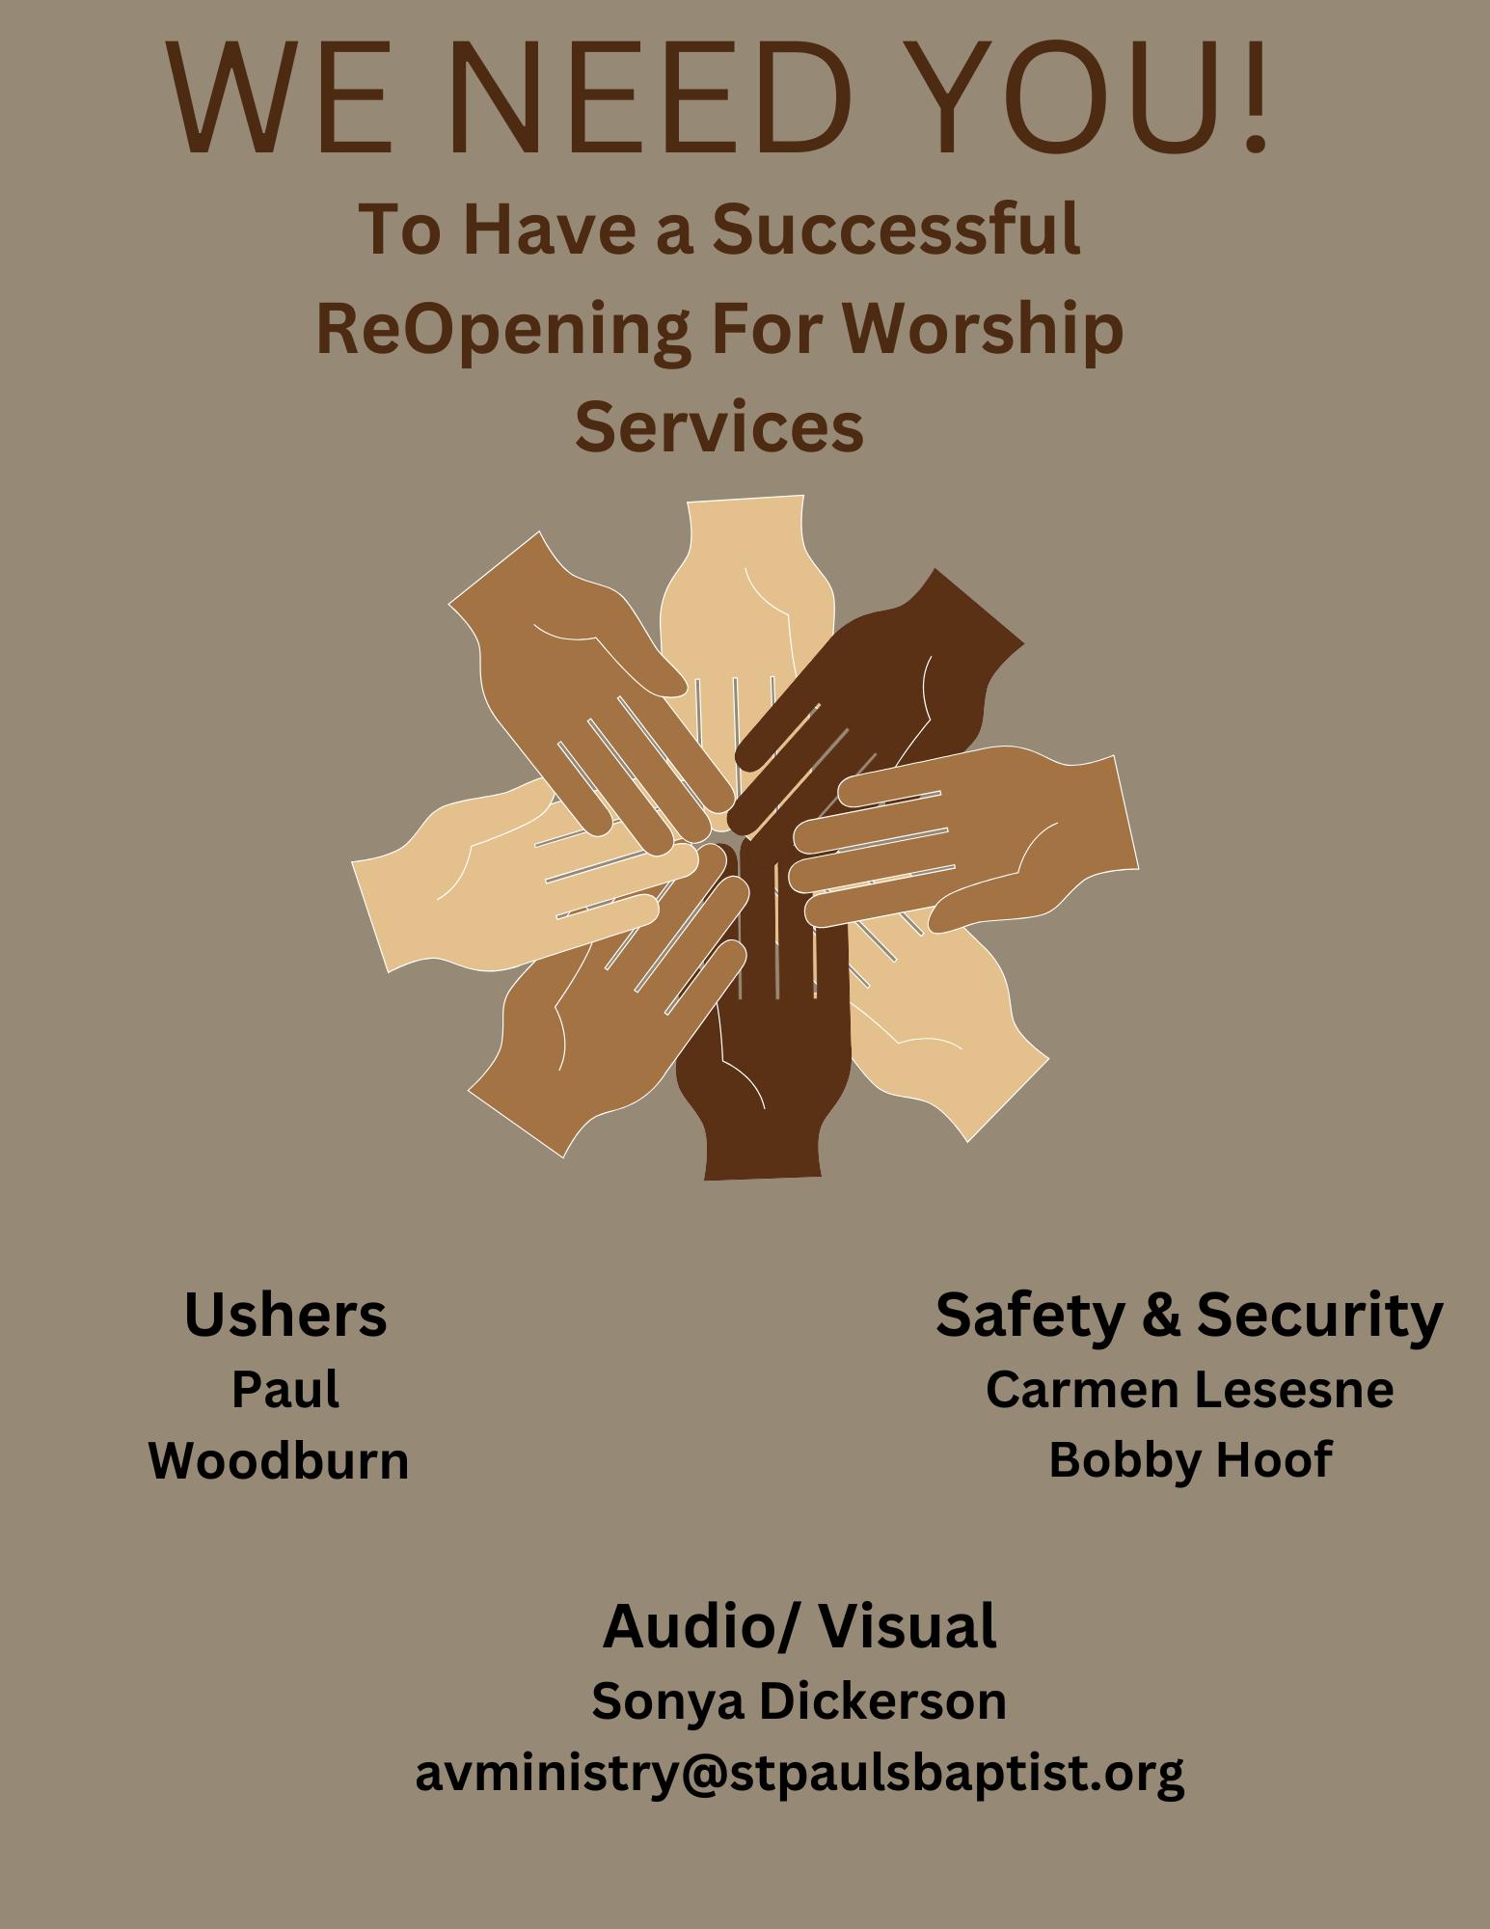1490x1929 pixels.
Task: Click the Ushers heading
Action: (x=285, y=1315)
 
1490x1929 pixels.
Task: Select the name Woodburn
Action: (x=279, y=1460)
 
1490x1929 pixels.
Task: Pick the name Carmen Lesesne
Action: (x=1189, y=1390)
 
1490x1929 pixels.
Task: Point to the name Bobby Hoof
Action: (x=1189, y=1459)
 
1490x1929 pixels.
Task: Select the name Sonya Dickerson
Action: (x=799, y=1700)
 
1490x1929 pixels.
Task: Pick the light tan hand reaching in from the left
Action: (x=463, y=878)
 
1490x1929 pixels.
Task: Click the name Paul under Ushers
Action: (x=285, y=1390)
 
